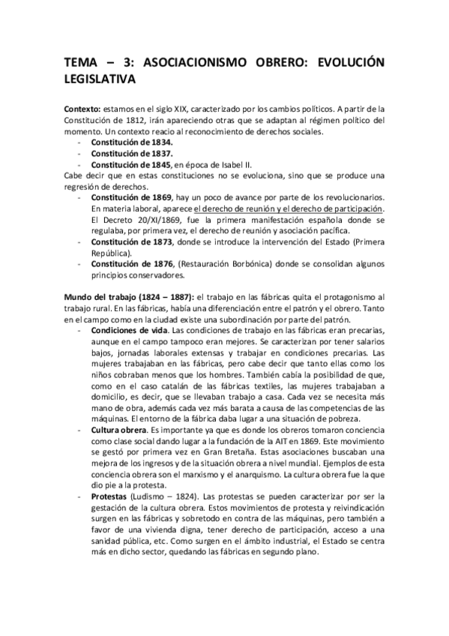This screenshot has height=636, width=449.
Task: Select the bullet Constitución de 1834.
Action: pos(132,142)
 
